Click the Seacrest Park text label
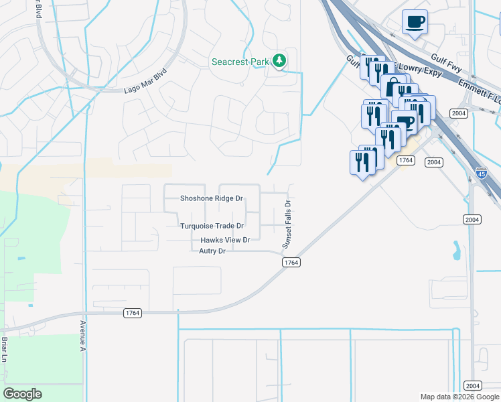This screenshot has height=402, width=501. (x=240, y=62)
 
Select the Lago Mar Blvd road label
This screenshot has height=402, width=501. (x=145, y=80)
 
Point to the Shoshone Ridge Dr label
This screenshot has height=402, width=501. (x=211, y=199)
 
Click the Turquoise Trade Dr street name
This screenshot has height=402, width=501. (x=211, y=226)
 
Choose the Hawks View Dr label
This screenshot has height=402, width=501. (x=224, y=240)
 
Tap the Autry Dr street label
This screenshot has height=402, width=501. (x=212, y=251)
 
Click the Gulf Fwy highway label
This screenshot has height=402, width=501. (x=444, y=62)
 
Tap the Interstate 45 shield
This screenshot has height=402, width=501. (x=482, y=174)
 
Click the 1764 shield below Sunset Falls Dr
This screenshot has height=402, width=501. (x=290, y=263)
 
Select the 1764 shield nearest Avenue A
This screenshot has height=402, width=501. (x=132, y=313)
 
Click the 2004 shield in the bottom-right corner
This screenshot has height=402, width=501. (x=472, y=386)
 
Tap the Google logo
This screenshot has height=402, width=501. (x=22, y=394)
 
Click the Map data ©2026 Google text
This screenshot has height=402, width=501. (x=459, y=397)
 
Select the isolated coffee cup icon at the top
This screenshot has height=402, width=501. (x=415, y=21)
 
